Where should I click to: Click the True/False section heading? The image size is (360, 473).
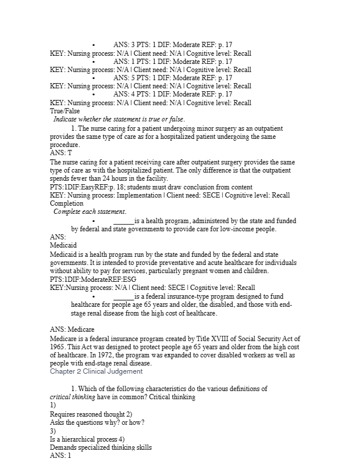point(65,110)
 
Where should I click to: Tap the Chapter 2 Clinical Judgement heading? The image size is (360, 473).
point(96,371)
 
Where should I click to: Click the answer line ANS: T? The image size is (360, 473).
point(61,152)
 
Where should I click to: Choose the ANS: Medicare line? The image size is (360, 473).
point(72,330)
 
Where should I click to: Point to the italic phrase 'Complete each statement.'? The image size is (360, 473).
point(90,212)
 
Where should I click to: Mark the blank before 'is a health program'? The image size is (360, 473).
point(124,221)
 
